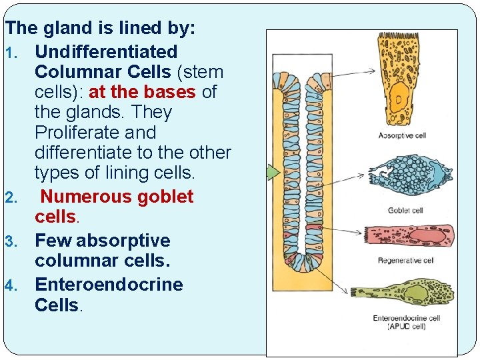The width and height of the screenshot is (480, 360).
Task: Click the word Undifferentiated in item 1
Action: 106,52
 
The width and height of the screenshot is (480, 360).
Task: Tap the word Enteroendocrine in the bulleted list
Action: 108,285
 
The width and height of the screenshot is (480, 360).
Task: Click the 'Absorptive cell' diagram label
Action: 402,135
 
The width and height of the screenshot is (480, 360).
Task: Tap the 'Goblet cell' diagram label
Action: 406,211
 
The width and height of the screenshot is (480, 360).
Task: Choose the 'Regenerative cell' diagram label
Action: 406,260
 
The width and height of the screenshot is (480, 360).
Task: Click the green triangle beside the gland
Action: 273,173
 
